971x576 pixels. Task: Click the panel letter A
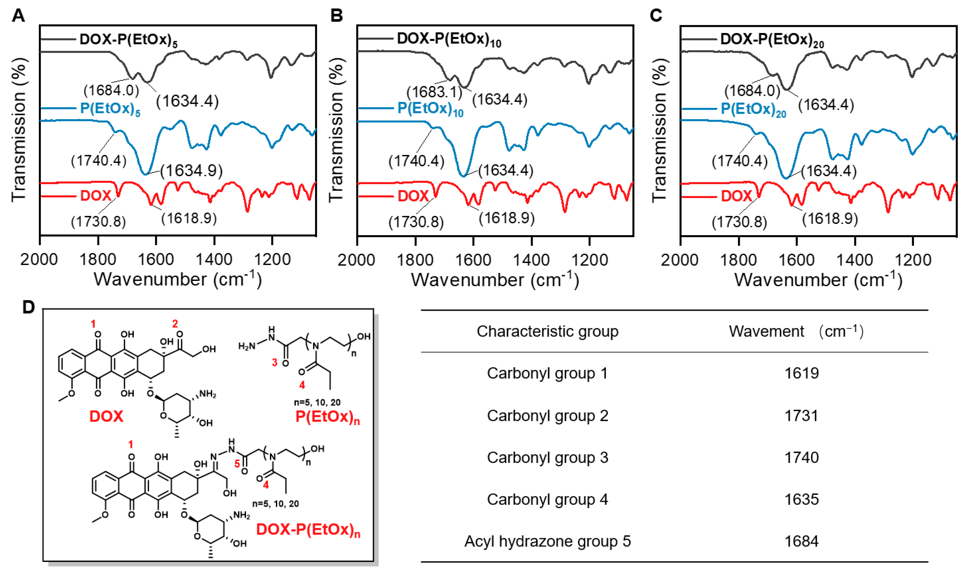pyautogui.click(x=18, y=16)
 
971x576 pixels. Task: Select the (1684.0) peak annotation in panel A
pyautogui.click(x=111, y=91)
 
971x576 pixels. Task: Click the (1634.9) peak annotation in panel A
pyautogui.click(x=191, y=171)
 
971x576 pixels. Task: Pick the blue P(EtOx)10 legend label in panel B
pyautogui.click(x=430, y=109)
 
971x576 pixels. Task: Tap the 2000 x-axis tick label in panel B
pyautogui.click(x=357, y=260)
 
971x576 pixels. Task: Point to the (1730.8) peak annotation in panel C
pyautogui.click(x=740, y=222)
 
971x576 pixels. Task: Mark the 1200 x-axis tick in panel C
pyautogui.click(x=913, y=260)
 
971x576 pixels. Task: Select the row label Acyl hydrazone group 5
pyautogui.click(x=548, y=541)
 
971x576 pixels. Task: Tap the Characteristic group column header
pyautogui.click(x=548, y=331)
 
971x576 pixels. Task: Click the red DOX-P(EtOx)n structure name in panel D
pyautogui.click(x=308, y=530)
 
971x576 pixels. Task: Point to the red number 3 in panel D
pyautogui.click(x=275, y=363)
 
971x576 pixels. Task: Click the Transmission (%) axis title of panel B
pyautogui.click(x=336, y=130)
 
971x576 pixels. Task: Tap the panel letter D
pyautogui.click(x=28, y=307)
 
